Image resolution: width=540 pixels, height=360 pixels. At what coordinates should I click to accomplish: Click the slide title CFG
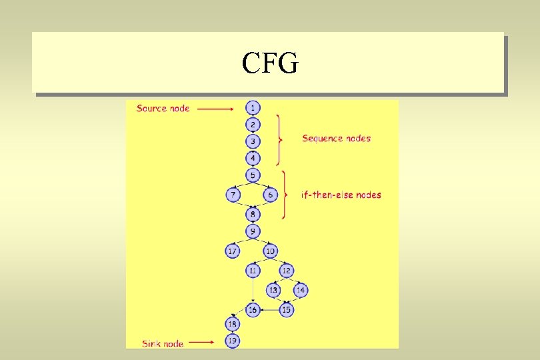(270, 64)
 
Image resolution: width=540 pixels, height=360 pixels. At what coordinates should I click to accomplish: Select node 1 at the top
(253, 107)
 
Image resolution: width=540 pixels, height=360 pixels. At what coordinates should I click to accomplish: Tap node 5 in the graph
(253, 175)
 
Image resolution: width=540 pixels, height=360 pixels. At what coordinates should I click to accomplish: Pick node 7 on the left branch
(233, 195)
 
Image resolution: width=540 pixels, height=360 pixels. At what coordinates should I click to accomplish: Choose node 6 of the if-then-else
(270, 195)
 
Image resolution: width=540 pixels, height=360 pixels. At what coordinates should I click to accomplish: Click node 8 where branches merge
(253, 214)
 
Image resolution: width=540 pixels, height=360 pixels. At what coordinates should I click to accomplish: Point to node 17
(233, 251)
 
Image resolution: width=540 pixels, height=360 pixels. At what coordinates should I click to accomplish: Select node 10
(270, 251)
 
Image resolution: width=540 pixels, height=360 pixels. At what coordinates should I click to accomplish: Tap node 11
(253, 271)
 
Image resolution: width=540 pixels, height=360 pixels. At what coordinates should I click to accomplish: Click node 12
(286, 271)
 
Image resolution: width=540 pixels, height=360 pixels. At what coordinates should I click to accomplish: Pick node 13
(273, 290)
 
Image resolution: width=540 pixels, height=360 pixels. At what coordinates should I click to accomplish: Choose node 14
(300, 290)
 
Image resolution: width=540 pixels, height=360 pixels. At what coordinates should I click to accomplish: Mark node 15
(287, 310)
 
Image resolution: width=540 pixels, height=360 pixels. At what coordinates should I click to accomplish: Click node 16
(253, 310)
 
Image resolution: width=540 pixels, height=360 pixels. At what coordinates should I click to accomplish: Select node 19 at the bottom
(233, 341)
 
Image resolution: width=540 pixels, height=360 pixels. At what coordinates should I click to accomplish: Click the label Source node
(163, 108)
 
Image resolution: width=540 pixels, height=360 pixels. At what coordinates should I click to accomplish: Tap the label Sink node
(163, 343)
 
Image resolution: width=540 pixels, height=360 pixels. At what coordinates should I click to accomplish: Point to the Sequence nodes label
(336, 139)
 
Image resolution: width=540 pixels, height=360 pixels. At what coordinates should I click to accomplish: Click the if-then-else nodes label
(341, 195)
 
